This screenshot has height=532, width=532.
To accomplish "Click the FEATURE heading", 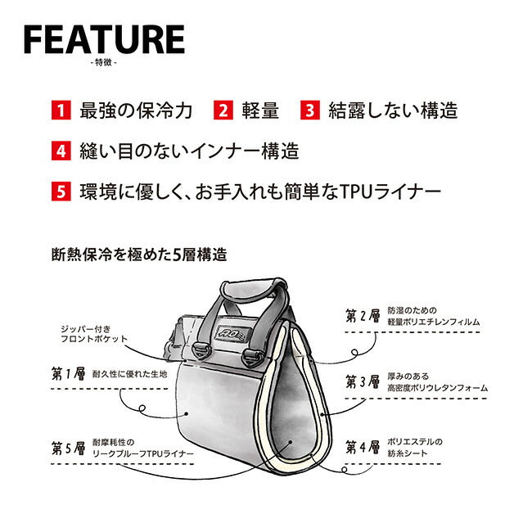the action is (105, 39).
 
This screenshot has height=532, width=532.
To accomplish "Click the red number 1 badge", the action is (61, 110).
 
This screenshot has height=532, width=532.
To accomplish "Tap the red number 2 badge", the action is (223, 110).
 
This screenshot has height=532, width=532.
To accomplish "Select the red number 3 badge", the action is (309, 110).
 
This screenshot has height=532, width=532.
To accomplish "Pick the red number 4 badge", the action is (61, 151).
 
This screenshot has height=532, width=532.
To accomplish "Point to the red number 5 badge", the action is (61, 191).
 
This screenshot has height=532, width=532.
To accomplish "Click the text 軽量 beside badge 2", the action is (260, 110).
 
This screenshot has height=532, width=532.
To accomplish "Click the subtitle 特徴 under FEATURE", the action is (104, 63).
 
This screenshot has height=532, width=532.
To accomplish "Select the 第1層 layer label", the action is (68, 373).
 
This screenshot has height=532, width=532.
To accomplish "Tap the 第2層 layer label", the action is (363, 316).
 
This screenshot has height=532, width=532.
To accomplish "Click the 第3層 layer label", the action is (363, 381).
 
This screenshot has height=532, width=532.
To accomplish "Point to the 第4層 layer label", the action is (363, 447).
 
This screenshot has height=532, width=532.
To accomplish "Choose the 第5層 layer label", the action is (68, 448).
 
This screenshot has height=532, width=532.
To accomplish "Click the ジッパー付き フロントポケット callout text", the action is (93, 334).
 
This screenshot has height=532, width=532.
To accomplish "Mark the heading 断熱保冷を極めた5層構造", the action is (139, 255).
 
